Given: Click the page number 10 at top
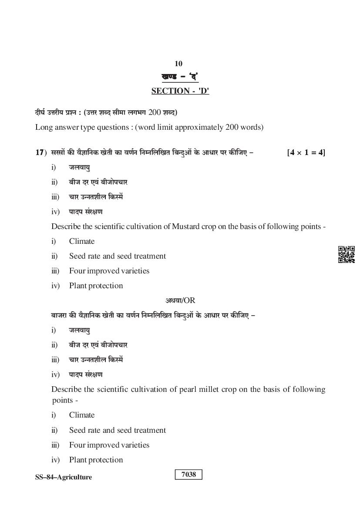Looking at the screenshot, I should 178,64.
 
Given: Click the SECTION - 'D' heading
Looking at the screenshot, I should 180,91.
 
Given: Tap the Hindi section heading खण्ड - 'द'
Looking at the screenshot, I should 180,78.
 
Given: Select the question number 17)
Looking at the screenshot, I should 40,153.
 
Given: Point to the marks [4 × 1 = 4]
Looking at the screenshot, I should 306,153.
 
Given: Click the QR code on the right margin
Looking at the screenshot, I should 346,254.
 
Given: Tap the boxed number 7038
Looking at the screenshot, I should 188,475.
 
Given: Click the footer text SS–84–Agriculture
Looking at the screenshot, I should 64,477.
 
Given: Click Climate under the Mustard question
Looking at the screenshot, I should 82,241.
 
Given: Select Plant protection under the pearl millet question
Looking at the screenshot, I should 96,460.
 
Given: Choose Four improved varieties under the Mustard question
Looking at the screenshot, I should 109,271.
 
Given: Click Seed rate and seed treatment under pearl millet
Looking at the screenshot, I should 117,430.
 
